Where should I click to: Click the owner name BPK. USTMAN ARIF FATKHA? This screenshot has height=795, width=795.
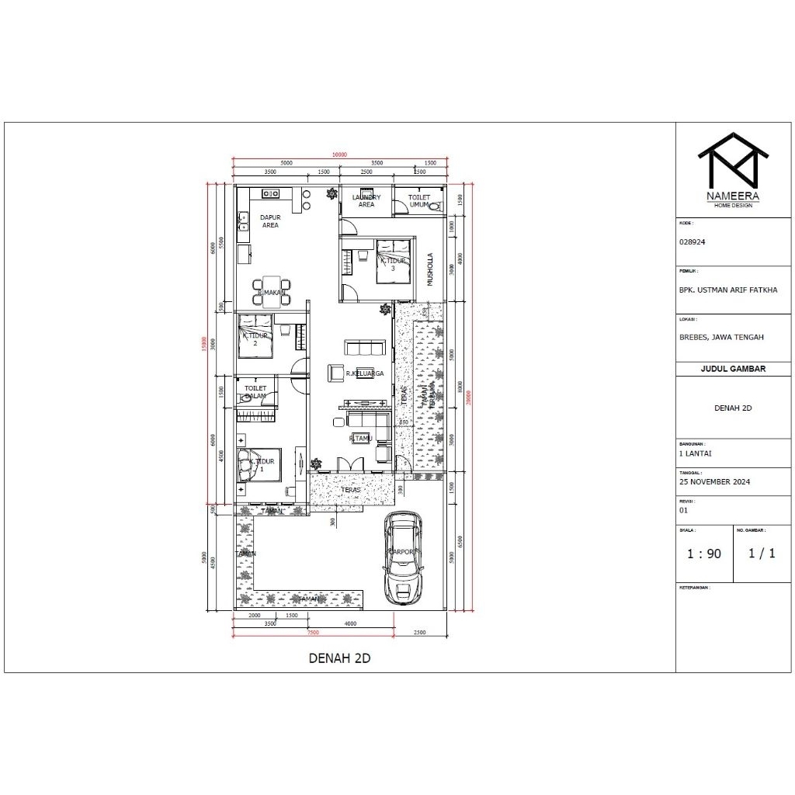[727, 290]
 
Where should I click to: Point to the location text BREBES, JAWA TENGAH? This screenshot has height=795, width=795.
[721, 337]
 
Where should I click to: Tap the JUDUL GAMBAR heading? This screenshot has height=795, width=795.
[734, 369]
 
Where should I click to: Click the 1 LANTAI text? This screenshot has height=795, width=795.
[696, 453]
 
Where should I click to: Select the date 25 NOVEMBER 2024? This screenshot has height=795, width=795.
[714, 481]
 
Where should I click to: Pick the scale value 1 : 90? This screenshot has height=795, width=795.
[704, 554]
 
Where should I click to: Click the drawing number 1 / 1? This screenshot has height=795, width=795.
[762, 554]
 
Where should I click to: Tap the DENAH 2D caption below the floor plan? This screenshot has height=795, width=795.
[340, 658]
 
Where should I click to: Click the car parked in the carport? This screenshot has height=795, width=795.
[404, 557]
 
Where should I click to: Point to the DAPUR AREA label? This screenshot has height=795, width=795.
[269, 221]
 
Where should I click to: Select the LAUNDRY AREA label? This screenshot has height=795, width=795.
[366, 201]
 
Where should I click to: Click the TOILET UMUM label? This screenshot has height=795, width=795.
[419, 201]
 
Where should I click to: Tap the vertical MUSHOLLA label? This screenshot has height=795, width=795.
[430, 269]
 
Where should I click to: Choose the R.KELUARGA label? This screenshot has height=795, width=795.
[365, 373]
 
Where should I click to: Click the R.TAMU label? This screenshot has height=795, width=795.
[359, 438]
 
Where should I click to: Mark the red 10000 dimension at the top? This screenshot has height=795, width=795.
[339, 154]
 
